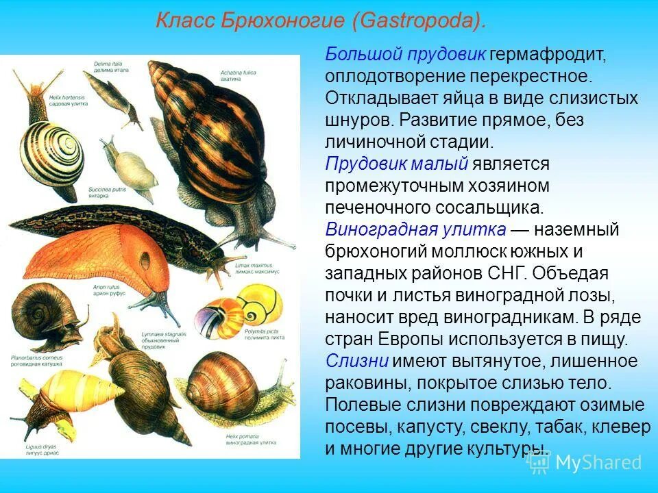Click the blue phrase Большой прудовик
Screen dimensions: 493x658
(x=406, y=54)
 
